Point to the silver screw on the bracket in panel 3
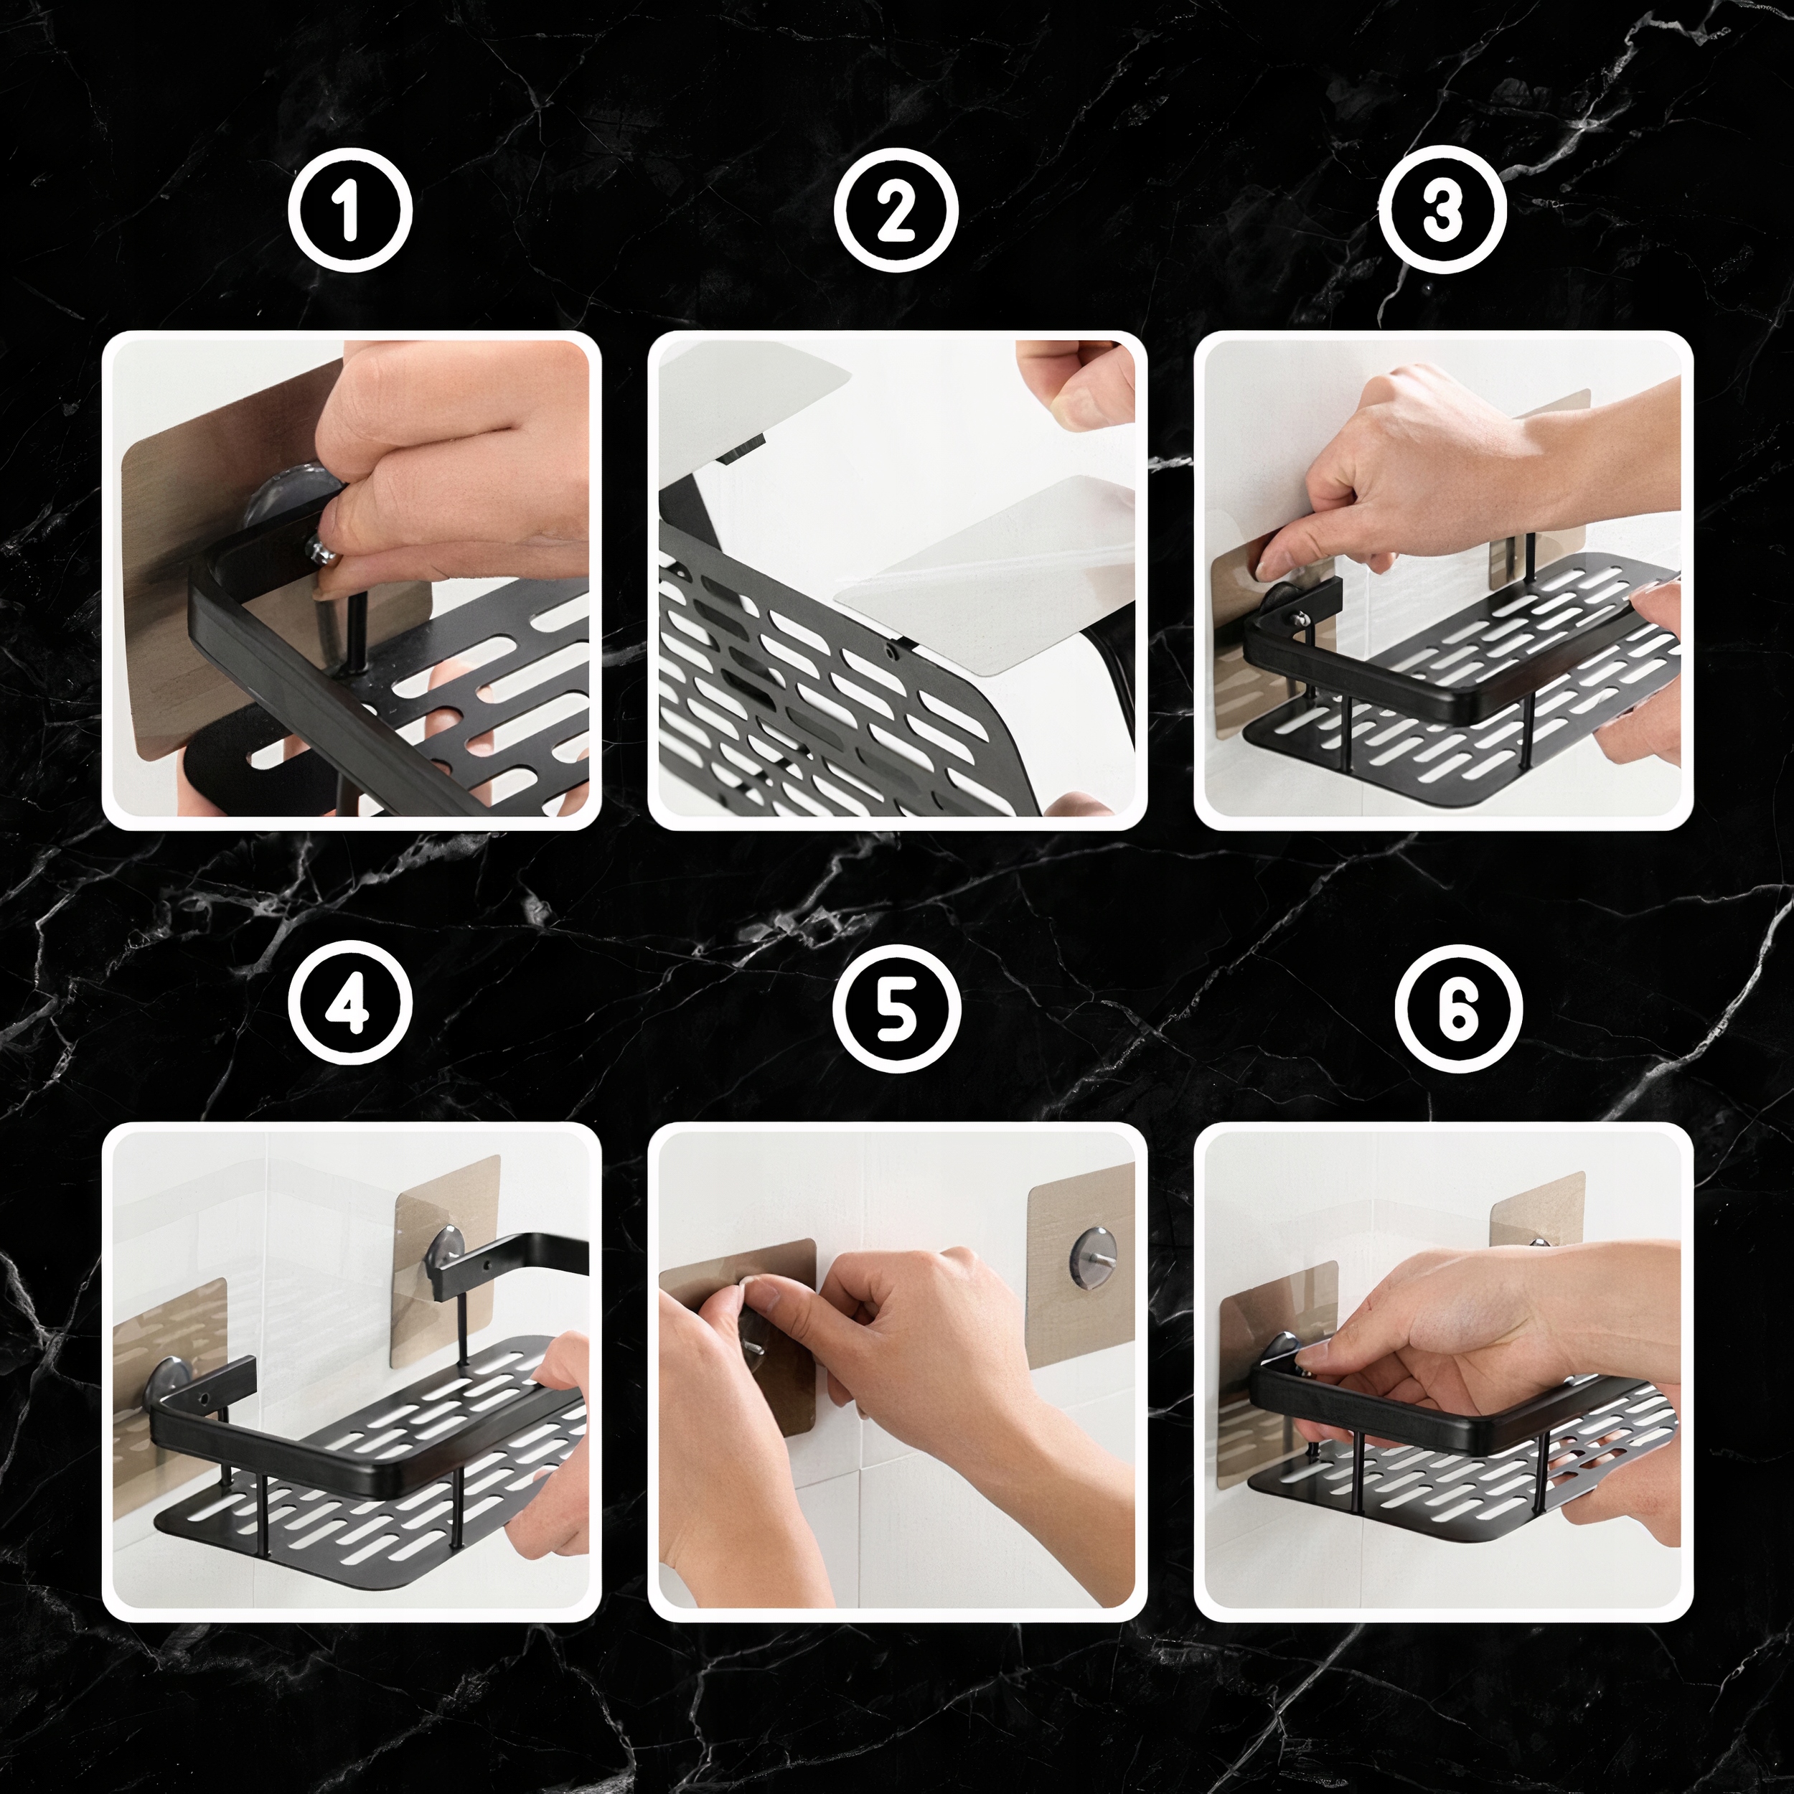click(x=1302, y=616)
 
